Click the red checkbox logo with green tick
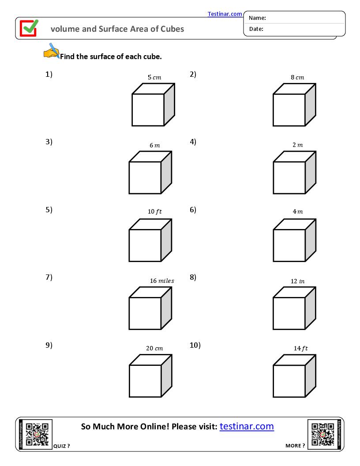[x=29, y=28]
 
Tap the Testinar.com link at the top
[x=225, y=14]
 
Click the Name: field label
[x=257, y=18]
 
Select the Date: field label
[x=256, y=29]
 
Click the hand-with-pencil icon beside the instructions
[x=52, y=51]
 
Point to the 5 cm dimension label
[x=154, y=77]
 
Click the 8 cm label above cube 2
[x=297, y=77]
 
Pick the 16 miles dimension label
[x=161, y=281]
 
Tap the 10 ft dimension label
[x=154, y=211]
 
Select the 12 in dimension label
[x=297, y=281]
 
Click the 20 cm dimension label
[x=154, y=348]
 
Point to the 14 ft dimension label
[x=300, y=348]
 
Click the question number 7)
[x=49, y=277]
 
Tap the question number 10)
[x=195, y=345]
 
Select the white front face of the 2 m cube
[x=289, y=178]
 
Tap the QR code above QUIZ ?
[x=37, y=434]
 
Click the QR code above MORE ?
[x=322, y=434]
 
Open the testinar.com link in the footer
[x=246, y=426]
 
